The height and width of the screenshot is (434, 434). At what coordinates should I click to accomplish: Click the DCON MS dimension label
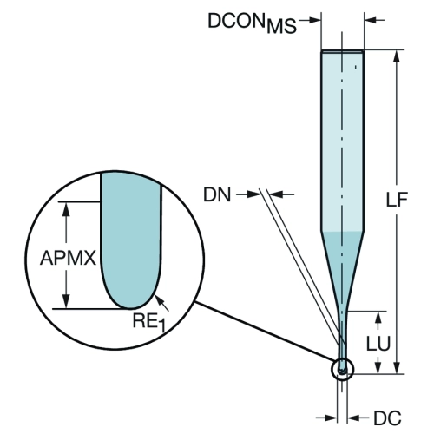(253, 23)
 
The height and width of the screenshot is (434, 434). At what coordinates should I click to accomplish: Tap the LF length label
(397, 199)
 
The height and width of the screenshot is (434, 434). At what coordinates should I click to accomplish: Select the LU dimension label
(378, 344)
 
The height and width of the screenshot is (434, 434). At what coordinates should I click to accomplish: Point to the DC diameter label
(387, 418)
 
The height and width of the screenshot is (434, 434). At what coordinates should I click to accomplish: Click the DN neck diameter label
(217, 194)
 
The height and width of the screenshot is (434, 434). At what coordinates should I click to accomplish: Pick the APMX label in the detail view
(68, 258)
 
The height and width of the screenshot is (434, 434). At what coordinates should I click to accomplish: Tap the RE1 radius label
(149, 322)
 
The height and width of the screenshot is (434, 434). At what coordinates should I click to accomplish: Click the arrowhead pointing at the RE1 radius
(158, 299)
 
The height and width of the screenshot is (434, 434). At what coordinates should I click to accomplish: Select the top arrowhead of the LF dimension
(397, 56)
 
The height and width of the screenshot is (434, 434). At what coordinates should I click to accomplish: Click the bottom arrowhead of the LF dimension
(397, 367)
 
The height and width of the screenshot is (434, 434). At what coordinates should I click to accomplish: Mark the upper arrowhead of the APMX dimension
(67, 209)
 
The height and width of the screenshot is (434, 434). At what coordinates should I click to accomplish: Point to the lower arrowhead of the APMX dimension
(67, 301)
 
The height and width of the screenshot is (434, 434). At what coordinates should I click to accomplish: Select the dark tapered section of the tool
(343, 266)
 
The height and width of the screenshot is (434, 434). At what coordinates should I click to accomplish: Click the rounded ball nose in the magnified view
(131, 298)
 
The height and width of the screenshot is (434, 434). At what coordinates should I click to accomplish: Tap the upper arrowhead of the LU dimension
(378, 319)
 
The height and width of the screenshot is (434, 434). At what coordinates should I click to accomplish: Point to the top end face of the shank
(343, 52)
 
